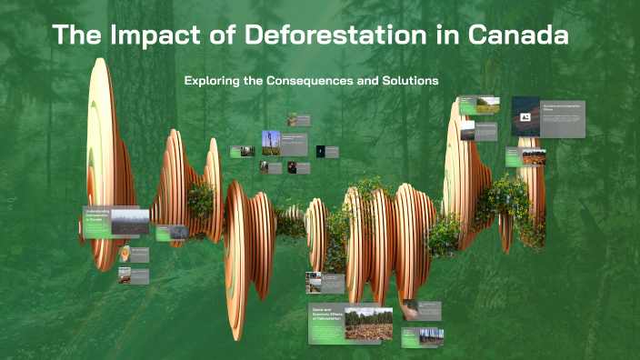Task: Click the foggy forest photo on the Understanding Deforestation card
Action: pos(130,221)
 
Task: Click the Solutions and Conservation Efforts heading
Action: pos(561,107)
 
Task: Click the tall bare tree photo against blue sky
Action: pos(271,144)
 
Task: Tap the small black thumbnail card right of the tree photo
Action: pos(321,151)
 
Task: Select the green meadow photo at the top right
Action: pos(488,105)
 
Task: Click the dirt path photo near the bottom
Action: pos(410,309)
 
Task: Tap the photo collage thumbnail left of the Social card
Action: pos(314,281)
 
